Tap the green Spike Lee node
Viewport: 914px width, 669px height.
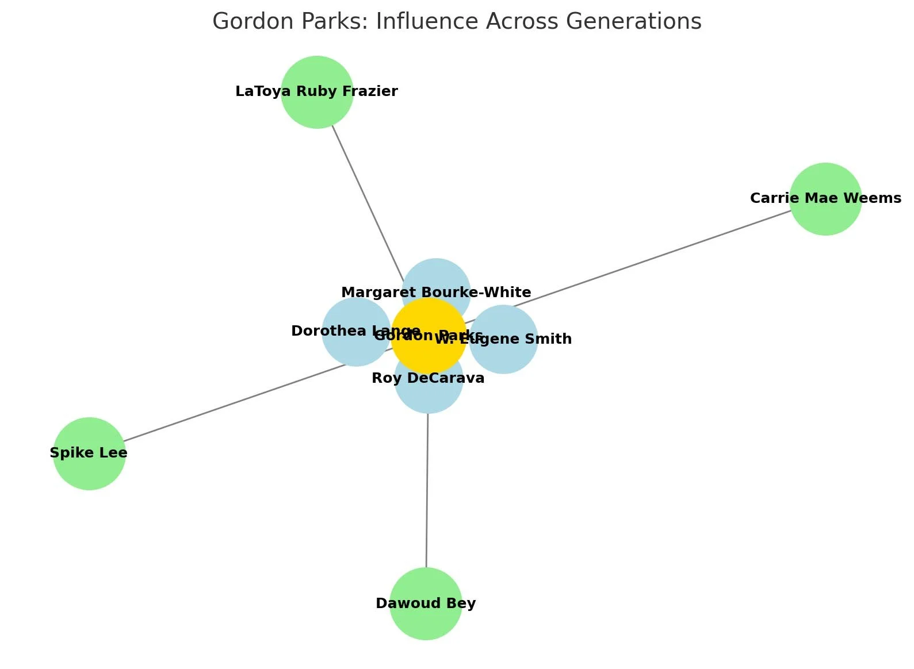[89, 468]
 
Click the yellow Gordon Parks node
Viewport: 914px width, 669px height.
[429, 351]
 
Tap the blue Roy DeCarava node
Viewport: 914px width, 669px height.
[429, 397]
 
